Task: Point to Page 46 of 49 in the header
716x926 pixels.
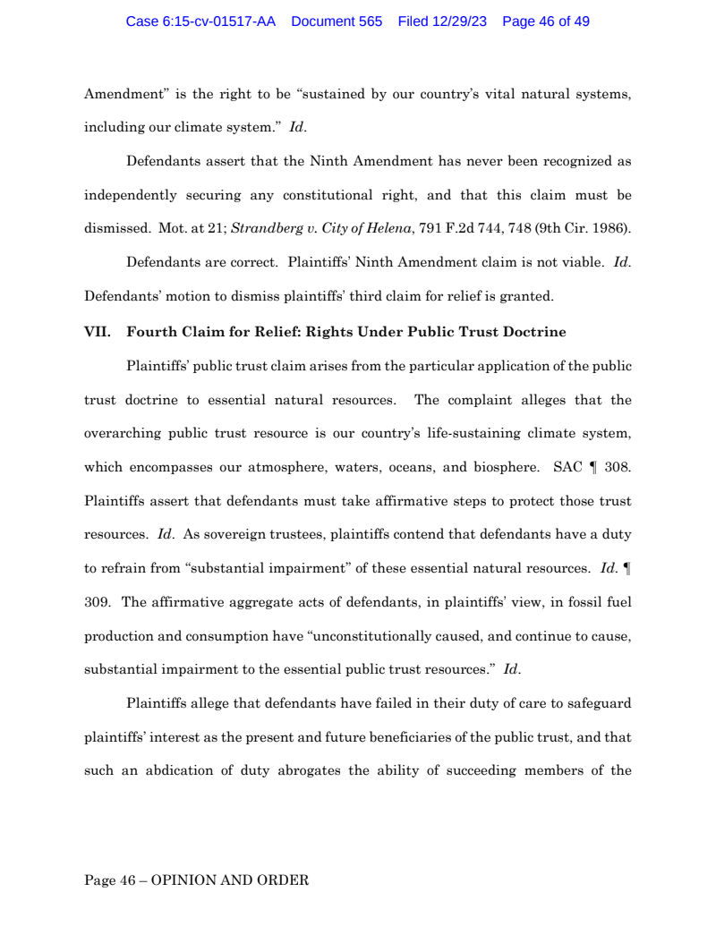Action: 546,21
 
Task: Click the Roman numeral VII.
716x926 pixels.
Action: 98,332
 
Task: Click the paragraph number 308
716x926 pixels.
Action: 618,466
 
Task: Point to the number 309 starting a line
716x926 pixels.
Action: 96,601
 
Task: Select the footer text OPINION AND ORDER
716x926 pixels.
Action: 230,880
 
